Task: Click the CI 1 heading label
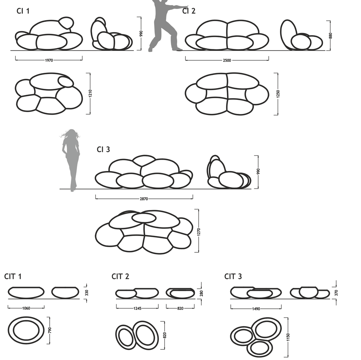click(23, 11)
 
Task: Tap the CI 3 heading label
click(103, 149)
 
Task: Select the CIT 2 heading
click(120, 277)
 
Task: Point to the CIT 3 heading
click(233, 277)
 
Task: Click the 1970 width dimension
click(49, 60)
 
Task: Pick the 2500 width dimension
click(227, 60)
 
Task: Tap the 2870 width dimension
click(144, 199)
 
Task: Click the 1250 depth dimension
click(278, 94)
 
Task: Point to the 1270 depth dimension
click(199, 232)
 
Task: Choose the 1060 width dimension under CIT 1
click(26, 308)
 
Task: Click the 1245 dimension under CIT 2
click(137, 308)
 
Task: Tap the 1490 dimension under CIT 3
click(256, 309)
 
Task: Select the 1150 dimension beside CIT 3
click(289, 336)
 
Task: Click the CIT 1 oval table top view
click(26, 330)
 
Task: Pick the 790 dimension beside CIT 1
click(50, 330)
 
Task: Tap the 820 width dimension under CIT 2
click(180, 308)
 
